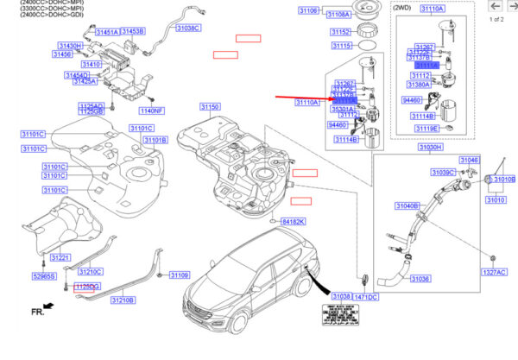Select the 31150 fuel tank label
click(x=211, y=107)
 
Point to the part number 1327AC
click(x=495, y=272)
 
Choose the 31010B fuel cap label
click(x=503, y=180)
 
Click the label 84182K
click(x=293, y=222)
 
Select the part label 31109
click(x=179, y=275)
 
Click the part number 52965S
click(x=43, y=276)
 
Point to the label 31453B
click(x=132, y=31)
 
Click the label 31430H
click(x=71, y=45)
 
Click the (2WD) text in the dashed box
click(x=401, y=7)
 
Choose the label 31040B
click(x=407, y=206)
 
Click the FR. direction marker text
click(x=37, y=310)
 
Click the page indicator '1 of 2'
click(x=496, y=19)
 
